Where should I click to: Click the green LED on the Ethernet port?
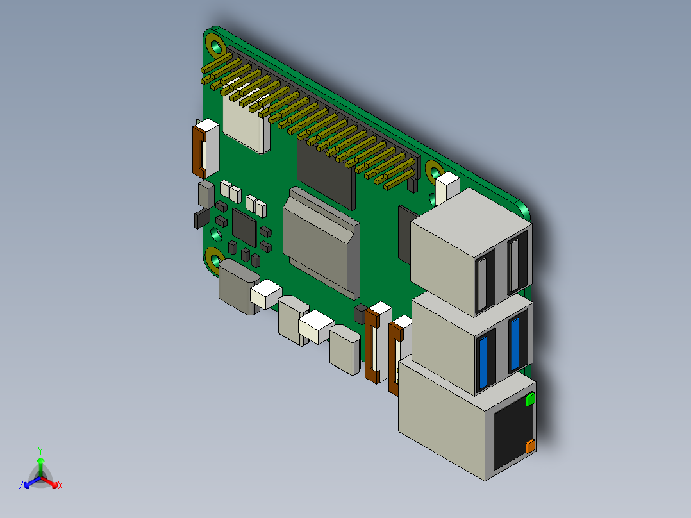click(x=530, y=400)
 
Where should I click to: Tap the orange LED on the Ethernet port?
click(x=530, y=446)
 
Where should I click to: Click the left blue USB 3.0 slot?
click(x=485, y=362)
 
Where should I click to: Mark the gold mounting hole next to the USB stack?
click(x=435, y=172)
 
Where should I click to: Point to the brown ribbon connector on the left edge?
click(x=199, y=151)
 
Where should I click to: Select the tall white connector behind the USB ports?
click(x=447, y=188)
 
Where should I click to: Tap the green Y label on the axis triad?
click(x=40, y=450)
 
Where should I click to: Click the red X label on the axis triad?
click(x=60, y=485)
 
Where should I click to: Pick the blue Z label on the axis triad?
click(x=21, y=485)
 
